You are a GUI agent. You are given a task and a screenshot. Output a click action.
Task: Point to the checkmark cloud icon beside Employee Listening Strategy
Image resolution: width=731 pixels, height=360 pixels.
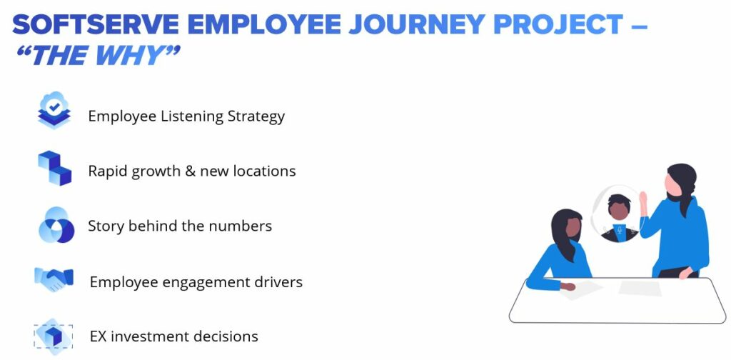click(54, 110)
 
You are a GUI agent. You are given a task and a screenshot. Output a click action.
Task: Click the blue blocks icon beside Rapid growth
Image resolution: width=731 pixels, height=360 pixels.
click(54, 168)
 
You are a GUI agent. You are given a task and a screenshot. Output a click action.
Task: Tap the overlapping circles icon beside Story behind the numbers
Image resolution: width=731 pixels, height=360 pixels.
click(56, 225)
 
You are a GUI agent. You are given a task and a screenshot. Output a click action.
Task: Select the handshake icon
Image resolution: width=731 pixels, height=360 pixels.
click(54, 279)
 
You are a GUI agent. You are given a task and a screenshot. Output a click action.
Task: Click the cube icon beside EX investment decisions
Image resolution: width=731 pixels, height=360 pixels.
click(53, 336)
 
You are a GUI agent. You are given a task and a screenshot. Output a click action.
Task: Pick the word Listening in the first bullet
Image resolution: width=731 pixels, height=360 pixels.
click(191, 116)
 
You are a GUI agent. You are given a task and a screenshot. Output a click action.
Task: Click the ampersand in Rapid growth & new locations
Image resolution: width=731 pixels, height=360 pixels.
click(190, 171)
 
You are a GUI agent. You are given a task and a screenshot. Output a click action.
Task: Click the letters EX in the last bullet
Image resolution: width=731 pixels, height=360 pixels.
click(99, 336)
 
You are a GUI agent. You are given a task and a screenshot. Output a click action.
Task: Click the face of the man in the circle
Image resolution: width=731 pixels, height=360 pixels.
click(619, 211)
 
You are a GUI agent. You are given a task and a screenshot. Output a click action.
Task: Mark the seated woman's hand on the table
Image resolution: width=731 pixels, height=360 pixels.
click(568, 286)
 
